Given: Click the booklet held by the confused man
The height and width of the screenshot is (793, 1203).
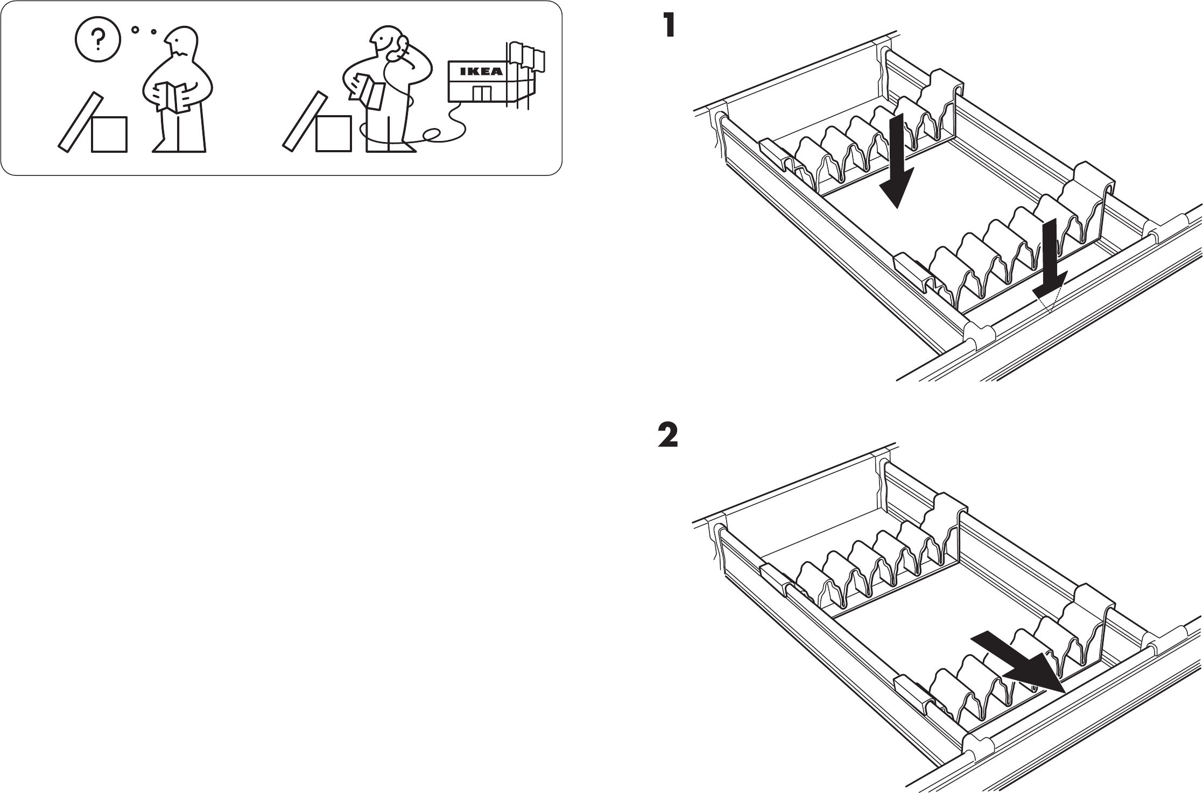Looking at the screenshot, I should [x=173, y=97].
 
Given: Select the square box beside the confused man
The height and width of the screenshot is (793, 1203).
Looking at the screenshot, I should [x=109, y=134].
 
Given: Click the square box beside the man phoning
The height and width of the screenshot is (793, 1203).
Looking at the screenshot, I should [x=334, y=134].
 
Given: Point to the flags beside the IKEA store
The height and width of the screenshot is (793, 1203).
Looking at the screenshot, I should [x=525, y=56].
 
